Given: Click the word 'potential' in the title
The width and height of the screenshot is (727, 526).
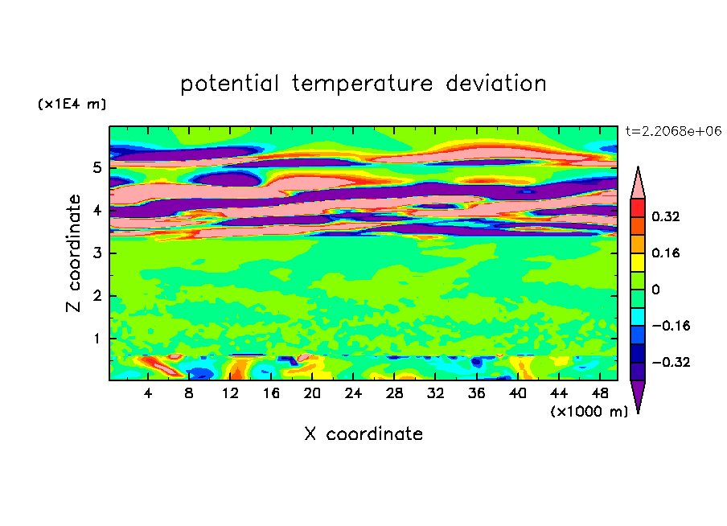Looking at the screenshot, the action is pos(229,84).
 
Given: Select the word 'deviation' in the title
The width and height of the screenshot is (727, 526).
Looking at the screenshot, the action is pos(496,83).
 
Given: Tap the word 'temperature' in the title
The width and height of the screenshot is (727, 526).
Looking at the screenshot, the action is pos(363,84).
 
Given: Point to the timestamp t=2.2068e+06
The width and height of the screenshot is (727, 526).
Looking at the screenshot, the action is pos(673,131).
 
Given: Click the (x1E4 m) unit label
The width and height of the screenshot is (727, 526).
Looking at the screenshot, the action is pos(72,104).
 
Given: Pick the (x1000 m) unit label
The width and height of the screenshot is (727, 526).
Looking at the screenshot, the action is pos(589,412).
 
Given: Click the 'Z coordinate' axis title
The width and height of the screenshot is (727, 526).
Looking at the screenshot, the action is pos(74,253).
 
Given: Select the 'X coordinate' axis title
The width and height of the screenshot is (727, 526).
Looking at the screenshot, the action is pos(363,434).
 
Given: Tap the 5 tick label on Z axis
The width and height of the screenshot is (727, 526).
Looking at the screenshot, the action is pos(97,167).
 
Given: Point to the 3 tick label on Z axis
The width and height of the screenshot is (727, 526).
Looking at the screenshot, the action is pos(97,253).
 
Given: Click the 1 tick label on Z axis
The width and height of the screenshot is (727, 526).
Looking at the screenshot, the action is pos(97,339).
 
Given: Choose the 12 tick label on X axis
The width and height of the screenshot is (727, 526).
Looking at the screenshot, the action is pos(230,393).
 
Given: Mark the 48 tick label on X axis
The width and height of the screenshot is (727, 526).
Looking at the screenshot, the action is pos(600,393).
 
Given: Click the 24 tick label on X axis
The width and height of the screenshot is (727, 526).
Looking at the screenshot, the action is pos(353,393).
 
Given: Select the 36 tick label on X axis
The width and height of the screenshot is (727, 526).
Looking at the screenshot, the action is pos(477,393).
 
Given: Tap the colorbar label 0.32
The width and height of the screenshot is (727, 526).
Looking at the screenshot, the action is pos(666,216).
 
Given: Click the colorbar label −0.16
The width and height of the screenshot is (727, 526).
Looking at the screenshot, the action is pos(672,326).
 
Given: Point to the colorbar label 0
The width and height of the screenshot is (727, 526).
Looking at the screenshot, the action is pos(655,290).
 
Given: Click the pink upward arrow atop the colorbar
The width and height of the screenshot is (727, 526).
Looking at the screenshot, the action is pos(638,183).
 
